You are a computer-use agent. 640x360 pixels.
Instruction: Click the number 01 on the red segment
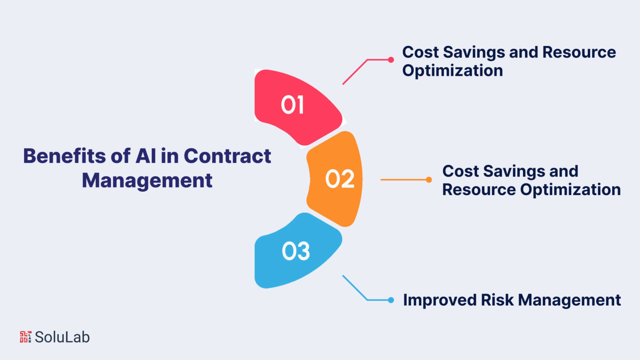292,105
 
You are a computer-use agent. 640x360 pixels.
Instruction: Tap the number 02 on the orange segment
340,179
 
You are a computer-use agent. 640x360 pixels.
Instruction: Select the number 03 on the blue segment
296,251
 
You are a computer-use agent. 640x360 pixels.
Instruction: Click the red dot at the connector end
391,60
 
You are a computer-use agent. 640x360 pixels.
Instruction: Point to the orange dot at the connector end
429,180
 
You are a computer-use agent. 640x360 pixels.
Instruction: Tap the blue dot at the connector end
391,300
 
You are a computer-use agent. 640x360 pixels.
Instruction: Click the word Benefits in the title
65,156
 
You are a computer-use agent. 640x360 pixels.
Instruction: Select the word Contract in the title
227,156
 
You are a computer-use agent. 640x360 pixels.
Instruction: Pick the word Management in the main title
147,180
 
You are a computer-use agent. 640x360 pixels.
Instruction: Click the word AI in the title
146,156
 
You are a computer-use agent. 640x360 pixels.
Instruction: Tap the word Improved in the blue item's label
440,300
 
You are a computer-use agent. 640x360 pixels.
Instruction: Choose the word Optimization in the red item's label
452,70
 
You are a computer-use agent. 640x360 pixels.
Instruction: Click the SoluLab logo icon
25,337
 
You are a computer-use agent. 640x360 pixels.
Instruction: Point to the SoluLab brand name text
62,337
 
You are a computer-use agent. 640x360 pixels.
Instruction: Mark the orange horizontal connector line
405,180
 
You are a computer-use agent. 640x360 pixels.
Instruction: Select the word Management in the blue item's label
570,300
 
